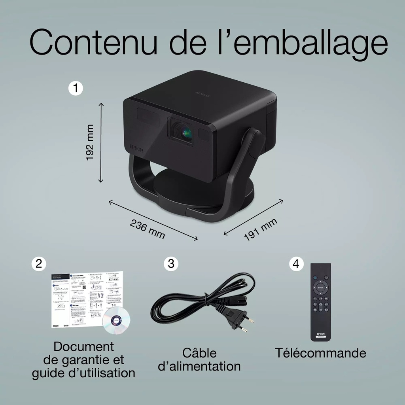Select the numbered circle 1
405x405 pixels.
pos(76,88)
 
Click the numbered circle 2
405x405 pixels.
pos(39,264)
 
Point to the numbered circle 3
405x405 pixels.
pos(171,264)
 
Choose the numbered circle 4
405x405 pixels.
pos(296,264)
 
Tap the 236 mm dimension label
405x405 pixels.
pos(148,229)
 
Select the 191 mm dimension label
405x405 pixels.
pos(260,229)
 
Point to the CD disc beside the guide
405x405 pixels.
pos(116,320)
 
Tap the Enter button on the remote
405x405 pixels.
pos(320,288)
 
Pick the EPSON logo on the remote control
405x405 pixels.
pos(320,334)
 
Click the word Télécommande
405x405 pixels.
pos(320,353)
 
